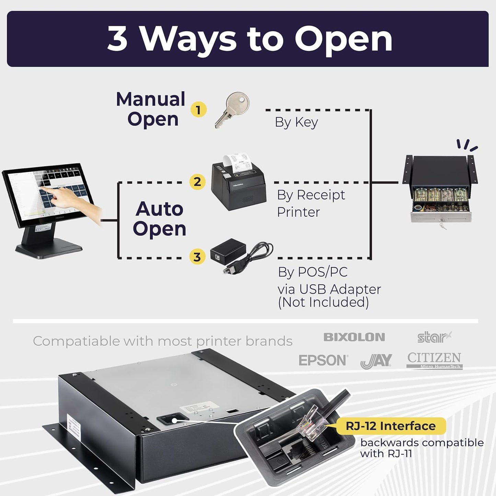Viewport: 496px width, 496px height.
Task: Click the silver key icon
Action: [232, 110]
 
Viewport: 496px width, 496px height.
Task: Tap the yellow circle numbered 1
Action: [198, 110]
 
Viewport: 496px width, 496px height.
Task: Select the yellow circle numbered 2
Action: [197, 182]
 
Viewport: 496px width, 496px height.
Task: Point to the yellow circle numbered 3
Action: [197, 257]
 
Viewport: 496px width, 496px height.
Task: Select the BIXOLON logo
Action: [354, 337]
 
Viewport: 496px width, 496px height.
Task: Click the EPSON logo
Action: [323, 360]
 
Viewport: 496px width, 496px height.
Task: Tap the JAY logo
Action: [376, 361]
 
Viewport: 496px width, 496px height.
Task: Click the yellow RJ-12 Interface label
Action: [391, 426]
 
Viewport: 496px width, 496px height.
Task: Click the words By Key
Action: [296, 122]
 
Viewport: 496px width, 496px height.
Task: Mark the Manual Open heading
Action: [151, 109]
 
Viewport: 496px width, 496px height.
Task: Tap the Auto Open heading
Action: [159, 219]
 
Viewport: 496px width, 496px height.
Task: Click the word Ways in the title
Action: [189, 39]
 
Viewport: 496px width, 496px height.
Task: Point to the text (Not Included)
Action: [323, 302]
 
